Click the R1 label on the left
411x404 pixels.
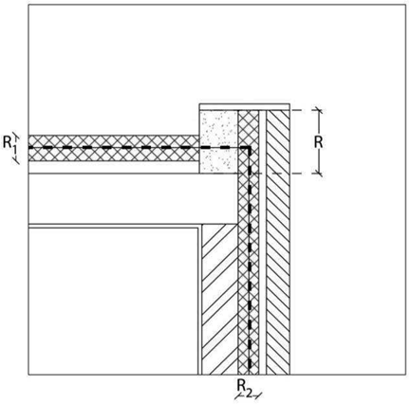click(x=9, y=144)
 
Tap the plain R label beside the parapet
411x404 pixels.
click(x=318, y=142)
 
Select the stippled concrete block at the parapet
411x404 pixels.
click(x=218, y=141)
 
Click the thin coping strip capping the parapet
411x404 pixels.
click(x=245, y=107)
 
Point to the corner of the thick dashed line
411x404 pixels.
click(x=250, y=148)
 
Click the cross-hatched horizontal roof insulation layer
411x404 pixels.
click(x=114, y=148)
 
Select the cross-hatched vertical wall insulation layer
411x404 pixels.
click(x=249, y=243)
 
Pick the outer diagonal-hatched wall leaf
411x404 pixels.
click(x=278, y=243)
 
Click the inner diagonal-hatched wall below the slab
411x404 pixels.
click(x=219, y=300)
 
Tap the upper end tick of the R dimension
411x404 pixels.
click(x=319, y=110)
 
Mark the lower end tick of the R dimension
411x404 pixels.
click(x=319, y=174)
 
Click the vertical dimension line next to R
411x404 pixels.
click(x=319, y=141)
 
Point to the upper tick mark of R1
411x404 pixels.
click(x=16, y=136)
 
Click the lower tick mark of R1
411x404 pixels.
click(x=16, y=161)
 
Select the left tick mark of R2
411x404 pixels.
click(x=238, y=395)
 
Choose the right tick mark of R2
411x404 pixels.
click(x=259, y=395)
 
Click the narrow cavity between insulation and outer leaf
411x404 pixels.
click(x=263, y=243)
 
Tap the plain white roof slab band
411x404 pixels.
click(x=133, y=198)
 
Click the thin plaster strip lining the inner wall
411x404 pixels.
click(x=200, y=300)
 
